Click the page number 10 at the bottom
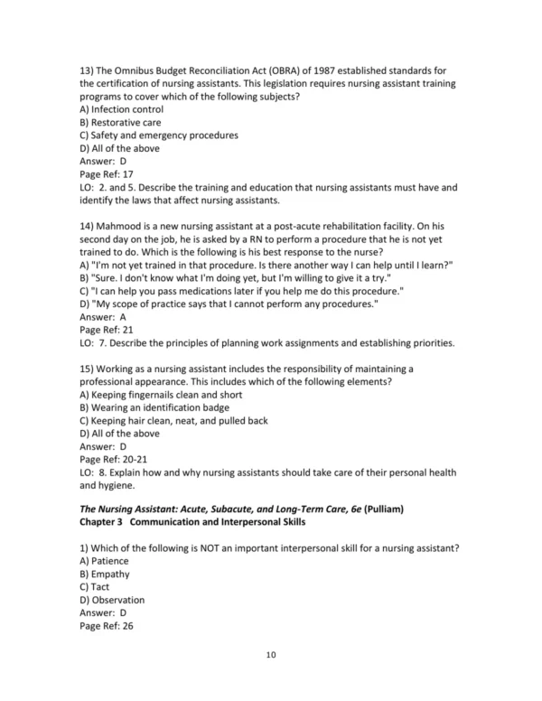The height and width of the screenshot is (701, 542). [271, 654]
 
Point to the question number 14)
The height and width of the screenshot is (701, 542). [89, 226]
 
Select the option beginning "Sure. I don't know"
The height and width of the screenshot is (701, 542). [235, 278]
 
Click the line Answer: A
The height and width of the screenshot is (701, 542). [103, 317]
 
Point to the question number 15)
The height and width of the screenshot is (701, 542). [89, 369]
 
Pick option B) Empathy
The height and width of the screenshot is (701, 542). [105, 573]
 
